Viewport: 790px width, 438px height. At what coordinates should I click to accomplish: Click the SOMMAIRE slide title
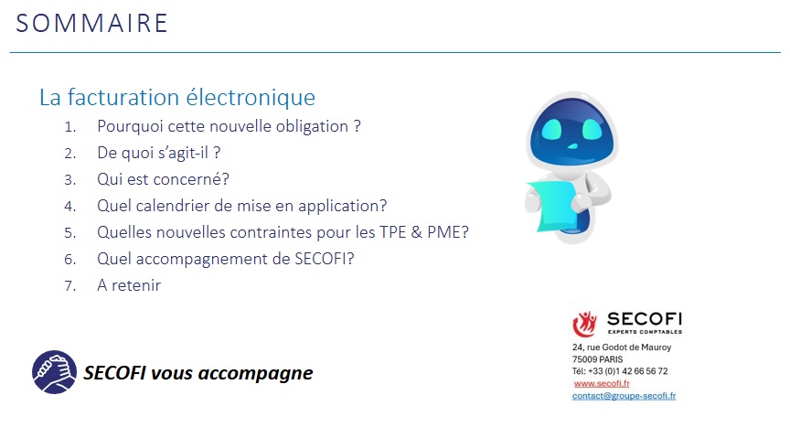coord(91,23)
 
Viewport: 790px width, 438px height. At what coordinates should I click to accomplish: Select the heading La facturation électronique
coord(176,97)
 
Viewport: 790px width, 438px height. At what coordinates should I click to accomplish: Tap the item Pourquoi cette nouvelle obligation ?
coord(229,126)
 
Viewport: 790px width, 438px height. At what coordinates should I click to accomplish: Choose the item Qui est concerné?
coord(163,179)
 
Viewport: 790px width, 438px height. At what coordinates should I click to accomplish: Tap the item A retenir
coord(129,285)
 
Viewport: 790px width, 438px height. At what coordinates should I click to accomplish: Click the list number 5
coord(69,232)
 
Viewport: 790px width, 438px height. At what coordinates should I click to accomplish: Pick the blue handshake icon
coord(54,372)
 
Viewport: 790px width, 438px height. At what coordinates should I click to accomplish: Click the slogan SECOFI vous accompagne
coord(197,373)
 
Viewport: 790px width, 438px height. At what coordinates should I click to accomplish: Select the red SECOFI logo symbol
coord(584,324)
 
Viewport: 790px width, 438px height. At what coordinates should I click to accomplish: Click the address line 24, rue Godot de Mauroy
coord(622,347)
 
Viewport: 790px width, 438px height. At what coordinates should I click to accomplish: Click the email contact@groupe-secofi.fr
coord(624,396)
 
